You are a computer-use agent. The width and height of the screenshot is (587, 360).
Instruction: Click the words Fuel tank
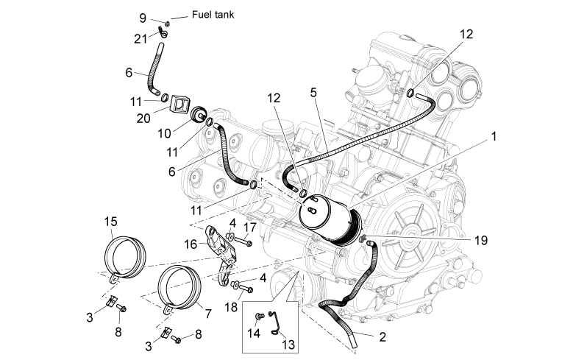pyautogui.click(x=213, y=15)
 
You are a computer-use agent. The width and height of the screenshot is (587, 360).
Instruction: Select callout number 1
pyautogui.click(x=494, y=136)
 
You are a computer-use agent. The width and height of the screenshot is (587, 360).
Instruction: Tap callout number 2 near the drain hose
pyautogui.click(x=383, y=336)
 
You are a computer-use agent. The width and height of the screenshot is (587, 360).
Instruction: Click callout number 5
pyautogui.click(x=313, y=93)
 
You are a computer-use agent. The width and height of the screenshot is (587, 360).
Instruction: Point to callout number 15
pyautogui.click(x=110, y=222)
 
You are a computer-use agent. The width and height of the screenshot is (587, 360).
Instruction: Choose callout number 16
pyautogui.click(x=191, y=244)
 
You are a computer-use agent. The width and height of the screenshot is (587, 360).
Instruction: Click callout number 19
pyautogui.click(x=481, y=240)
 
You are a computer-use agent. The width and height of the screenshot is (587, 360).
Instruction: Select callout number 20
pyautogui.click(x=143, y=119)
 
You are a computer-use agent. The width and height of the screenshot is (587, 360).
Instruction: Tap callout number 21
pyautogui.click(x=140, y=38)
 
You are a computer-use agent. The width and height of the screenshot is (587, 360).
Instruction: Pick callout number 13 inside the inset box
pyautogui.click(x=288, y=345)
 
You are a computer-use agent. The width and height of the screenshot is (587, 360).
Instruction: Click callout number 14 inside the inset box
pyautogui.click(x=254, y=333)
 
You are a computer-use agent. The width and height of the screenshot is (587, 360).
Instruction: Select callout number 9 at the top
pyautogui.click(x=143, y=18)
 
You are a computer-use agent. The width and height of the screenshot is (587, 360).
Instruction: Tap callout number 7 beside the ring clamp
pyautogui.click(x=208, y=313)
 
